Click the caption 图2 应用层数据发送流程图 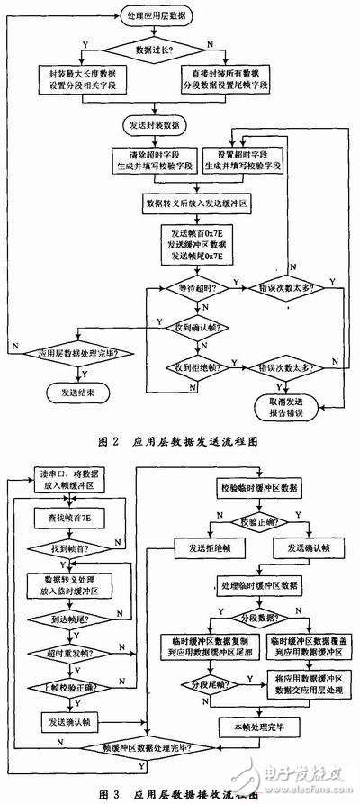(x=181, y=443)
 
